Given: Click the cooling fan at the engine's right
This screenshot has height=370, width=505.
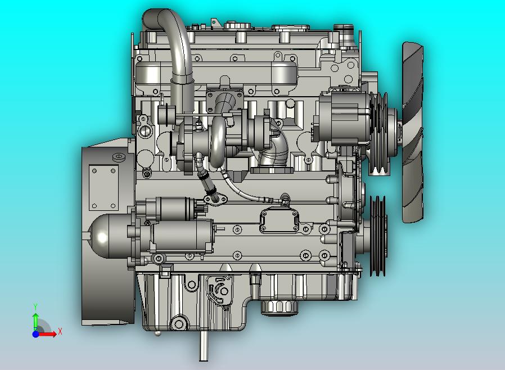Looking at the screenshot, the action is (413, 132).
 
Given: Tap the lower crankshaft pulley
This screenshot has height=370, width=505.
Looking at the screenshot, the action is (378, 236).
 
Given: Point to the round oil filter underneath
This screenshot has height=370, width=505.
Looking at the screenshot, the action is (279, 308).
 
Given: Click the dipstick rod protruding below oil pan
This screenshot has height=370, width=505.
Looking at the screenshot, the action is (203, 346).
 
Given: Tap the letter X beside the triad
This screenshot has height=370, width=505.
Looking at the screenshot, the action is (60, 331).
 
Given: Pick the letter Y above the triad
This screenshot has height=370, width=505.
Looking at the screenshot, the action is (35, 306).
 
